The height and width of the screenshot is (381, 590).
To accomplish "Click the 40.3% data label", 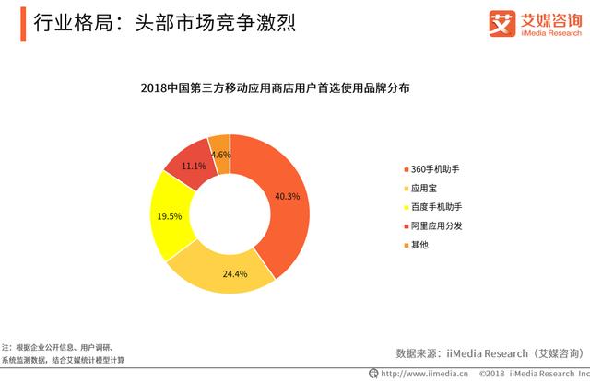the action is (287, 196).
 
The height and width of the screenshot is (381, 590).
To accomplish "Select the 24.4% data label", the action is (235, 274).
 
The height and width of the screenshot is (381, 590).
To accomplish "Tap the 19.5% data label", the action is (170, 216).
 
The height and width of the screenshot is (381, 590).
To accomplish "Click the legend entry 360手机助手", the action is (431, 169).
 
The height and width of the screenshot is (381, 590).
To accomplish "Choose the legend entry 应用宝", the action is (420, 188).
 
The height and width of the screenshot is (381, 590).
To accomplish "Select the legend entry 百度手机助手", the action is (433, 207).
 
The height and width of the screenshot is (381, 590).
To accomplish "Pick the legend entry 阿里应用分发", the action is (433, 225).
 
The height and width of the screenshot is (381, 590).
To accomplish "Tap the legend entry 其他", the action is (416, 245).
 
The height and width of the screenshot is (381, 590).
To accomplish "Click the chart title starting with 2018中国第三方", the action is (275, 88).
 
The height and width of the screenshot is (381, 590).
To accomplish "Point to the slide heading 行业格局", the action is (74, 22).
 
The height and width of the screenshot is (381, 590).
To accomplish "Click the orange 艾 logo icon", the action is (501, 23).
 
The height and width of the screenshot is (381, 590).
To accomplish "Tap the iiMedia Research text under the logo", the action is (551, 33).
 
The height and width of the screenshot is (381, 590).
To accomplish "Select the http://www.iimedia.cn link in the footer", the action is (424, 374).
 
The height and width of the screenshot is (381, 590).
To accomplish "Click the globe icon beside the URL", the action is (373, 373).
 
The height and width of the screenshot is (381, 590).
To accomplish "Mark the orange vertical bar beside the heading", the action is (23, 24).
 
